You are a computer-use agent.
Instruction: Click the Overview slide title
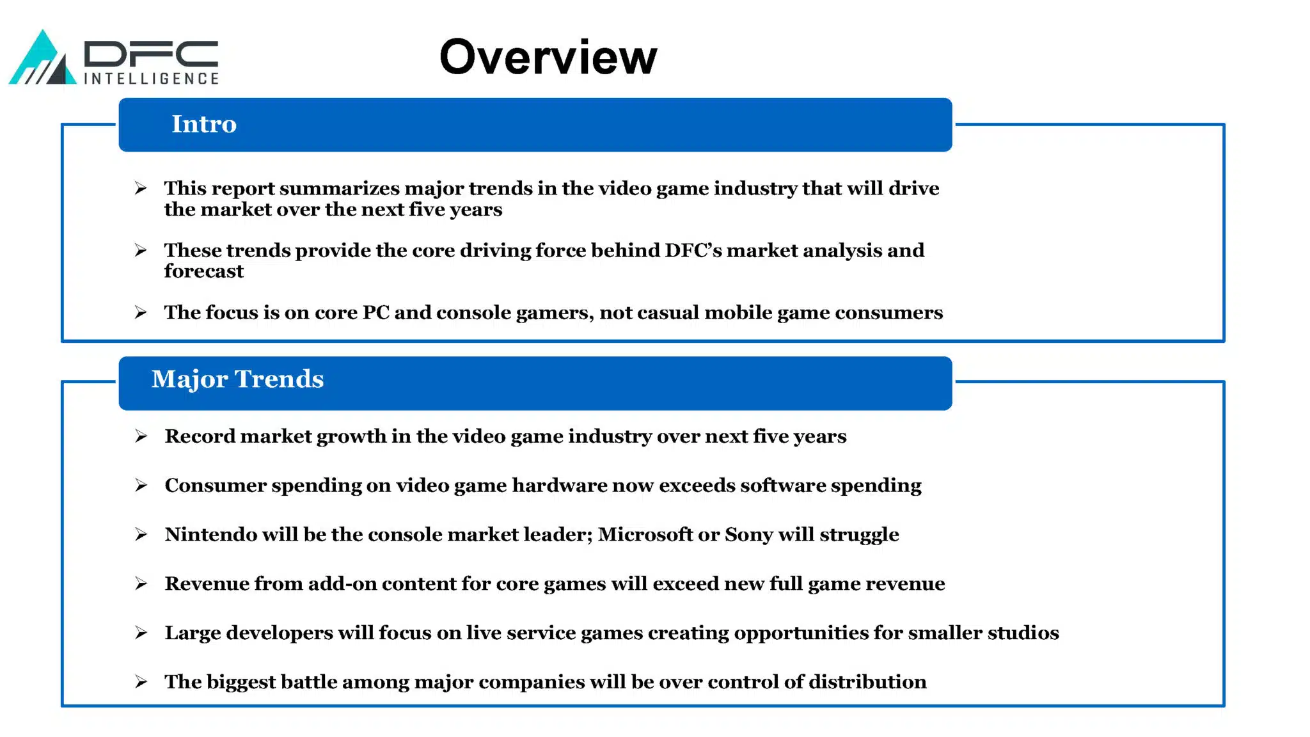[548, 57]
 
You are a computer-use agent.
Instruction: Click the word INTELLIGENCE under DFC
[152, 79]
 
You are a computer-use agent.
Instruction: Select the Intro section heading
[204, 124]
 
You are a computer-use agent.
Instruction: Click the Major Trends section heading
[238, 379]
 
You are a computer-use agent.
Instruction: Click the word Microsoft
[645, 534]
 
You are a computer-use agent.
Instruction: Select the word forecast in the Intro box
[203, 271]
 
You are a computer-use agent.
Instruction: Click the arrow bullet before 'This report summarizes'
[141, 188]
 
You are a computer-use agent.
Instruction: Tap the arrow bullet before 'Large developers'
[141, 633]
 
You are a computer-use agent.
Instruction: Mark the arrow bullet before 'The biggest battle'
[141, 682]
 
